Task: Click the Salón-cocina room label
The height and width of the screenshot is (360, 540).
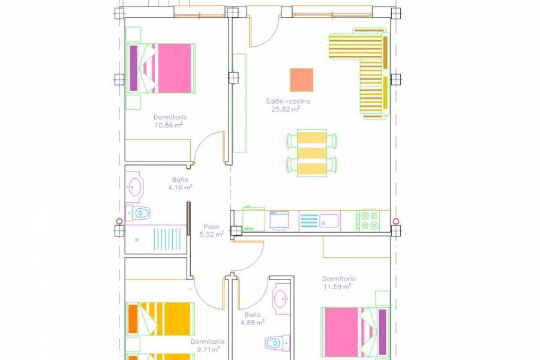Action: (x=288, y=101)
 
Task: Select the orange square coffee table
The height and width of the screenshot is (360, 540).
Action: (x=301, y=80)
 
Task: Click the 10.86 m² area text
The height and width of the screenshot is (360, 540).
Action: (x=169, y=125)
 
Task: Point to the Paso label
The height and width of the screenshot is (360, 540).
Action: (x=211, y=227)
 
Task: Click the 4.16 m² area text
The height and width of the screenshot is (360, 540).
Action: (x=180, y=187)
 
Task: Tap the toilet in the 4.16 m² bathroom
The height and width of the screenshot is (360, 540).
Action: (x=139, y=212)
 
